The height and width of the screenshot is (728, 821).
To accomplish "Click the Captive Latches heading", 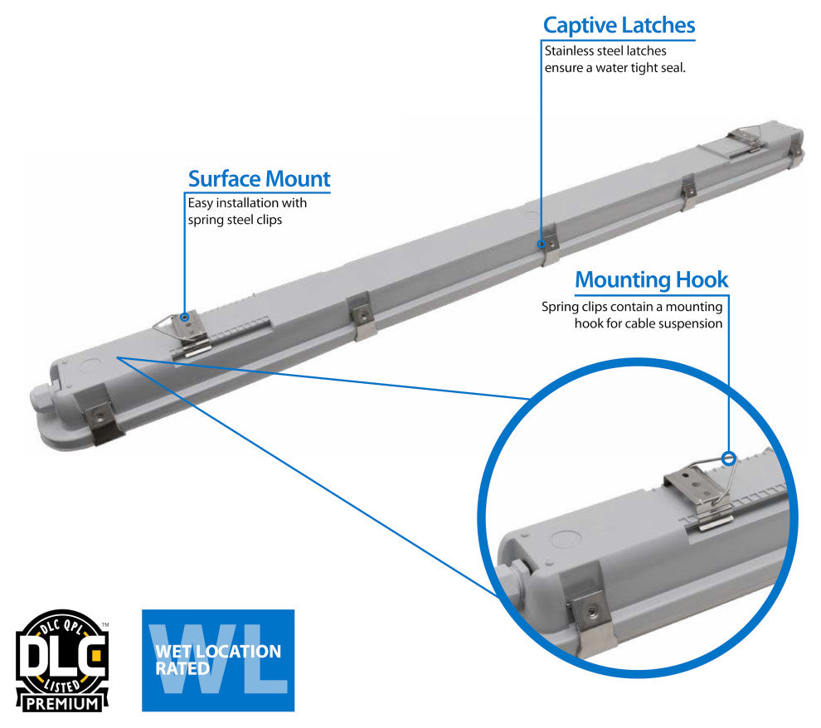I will click(619, 25).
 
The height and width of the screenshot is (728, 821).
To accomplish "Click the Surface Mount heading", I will click(259, 178).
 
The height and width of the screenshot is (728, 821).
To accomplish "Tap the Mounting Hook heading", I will click(651, 279).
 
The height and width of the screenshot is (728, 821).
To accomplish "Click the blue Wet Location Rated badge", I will click(217, 660).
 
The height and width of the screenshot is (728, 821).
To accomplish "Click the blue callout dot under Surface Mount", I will click(185, 317).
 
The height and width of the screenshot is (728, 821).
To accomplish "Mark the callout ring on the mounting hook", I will click(729, 457).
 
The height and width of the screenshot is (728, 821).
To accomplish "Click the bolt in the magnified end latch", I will click(590, 610).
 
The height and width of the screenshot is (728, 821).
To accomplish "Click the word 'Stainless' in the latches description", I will click(569, 51).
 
